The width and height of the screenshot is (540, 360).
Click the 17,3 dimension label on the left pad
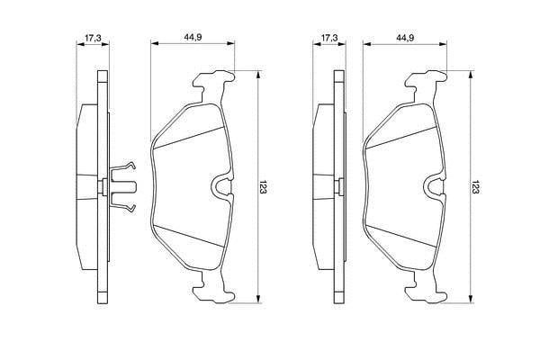(93, 38)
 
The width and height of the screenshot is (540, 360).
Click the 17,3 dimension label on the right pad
(329, 38)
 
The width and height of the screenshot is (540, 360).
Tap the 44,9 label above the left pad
(193, 38)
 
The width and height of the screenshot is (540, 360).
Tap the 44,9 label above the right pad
(405, 38)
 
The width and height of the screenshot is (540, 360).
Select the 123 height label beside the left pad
(264, 186)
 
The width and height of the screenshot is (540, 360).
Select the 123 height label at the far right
(475, 186)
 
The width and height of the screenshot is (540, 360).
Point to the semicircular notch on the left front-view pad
(220, 186)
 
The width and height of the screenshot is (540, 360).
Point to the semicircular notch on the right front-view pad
(433, 186)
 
